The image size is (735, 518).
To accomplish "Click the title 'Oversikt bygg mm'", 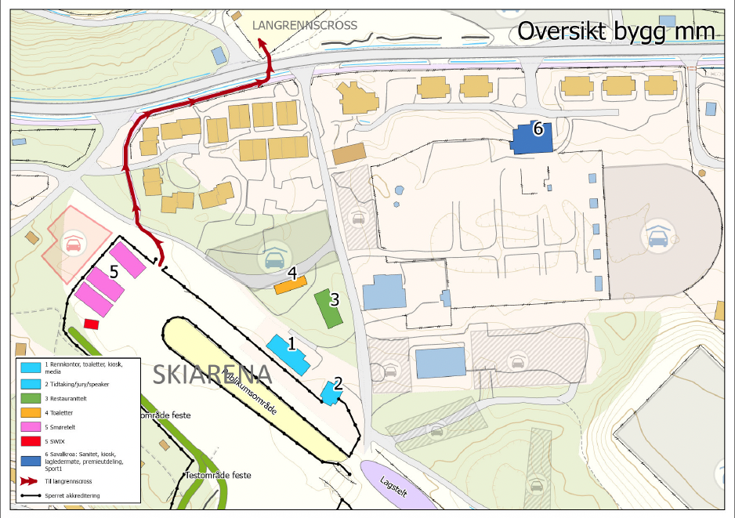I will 616,31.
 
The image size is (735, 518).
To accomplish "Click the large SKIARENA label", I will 212,375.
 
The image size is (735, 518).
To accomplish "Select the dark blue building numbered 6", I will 533,138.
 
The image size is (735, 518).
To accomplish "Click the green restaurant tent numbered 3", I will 328,309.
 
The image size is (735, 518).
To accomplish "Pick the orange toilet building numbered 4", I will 290,284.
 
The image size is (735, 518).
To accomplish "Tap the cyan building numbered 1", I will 287,354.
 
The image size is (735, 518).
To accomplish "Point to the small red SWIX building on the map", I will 91,323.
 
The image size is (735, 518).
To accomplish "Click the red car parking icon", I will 72,243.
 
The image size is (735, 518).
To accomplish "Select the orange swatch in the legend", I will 31,412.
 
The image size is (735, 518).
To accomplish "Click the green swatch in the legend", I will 31,399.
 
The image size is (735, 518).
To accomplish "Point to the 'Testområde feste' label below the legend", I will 218,475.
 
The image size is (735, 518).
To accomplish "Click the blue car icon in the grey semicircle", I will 657,234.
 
